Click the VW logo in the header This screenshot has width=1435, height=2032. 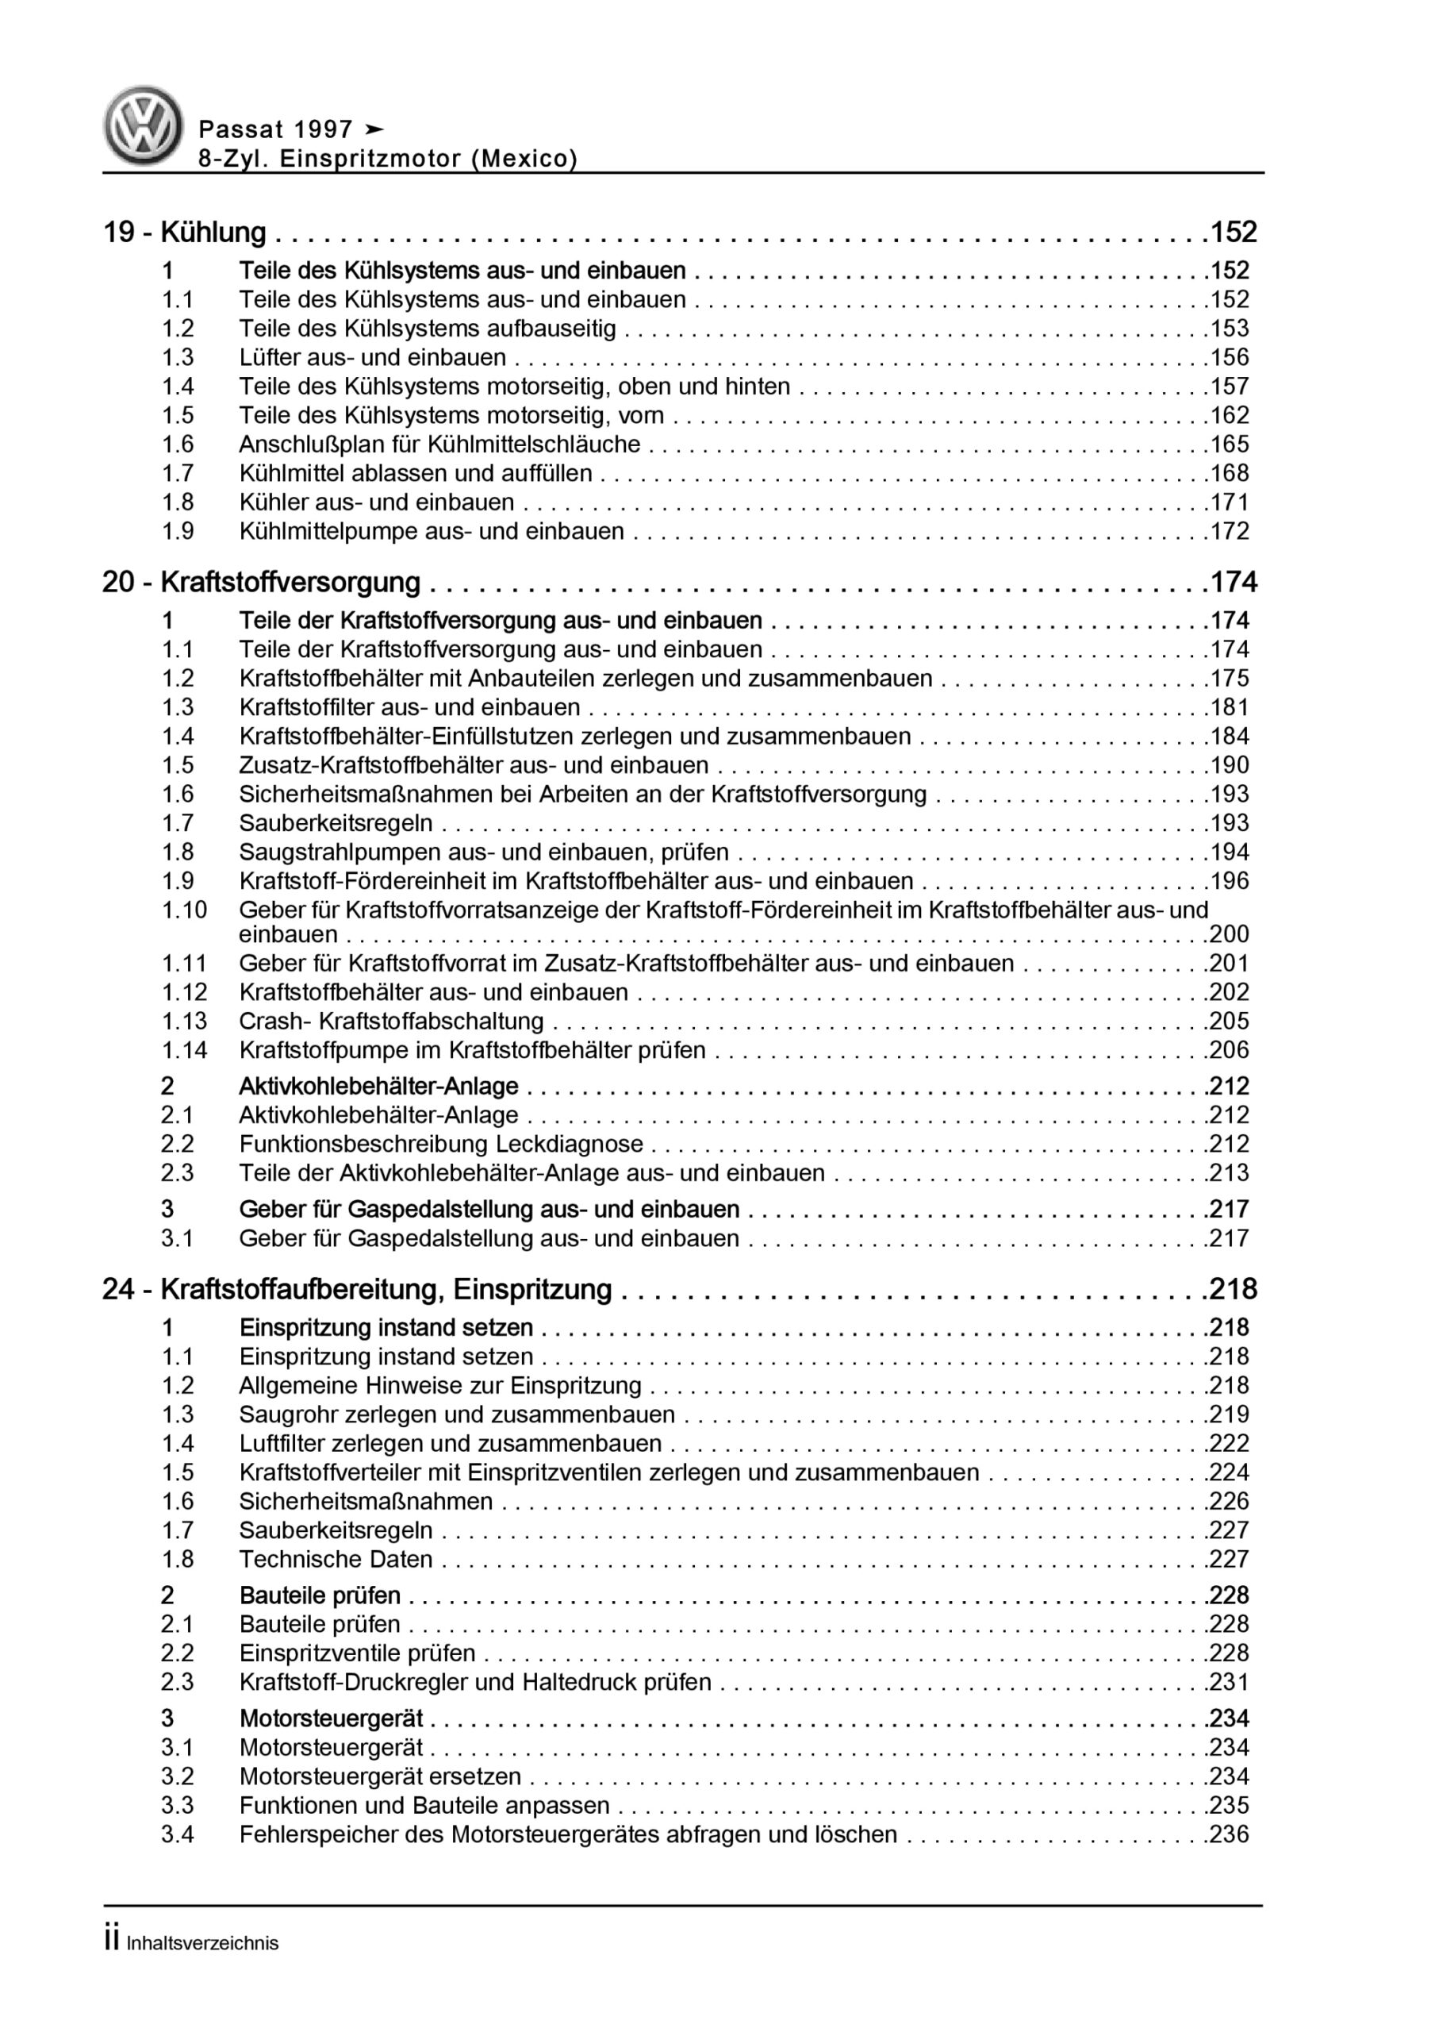144,125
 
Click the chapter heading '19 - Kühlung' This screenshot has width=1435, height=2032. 185,232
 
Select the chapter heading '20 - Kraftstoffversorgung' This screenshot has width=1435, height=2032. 262,583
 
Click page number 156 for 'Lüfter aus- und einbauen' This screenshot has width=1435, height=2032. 1229,357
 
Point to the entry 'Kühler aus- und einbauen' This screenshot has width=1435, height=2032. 376,502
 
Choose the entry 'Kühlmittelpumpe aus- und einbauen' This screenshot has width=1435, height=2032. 431,532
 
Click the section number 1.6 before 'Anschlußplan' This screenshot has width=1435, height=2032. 178,444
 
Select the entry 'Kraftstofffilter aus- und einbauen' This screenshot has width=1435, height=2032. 409,708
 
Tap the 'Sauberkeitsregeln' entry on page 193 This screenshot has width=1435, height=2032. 336,823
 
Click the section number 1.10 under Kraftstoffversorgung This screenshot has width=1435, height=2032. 184,910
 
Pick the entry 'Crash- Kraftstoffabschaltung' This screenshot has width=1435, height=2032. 391,1022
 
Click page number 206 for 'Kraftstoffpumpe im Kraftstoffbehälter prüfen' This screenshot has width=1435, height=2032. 1229,1050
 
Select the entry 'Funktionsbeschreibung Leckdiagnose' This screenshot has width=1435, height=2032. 440,1145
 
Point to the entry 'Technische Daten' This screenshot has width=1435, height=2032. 336,1560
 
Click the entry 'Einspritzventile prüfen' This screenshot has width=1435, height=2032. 358,1653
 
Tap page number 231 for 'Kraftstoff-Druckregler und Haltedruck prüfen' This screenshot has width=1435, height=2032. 1229,1683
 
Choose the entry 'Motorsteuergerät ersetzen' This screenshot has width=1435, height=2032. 381,1776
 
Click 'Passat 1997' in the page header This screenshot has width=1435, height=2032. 276,130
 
